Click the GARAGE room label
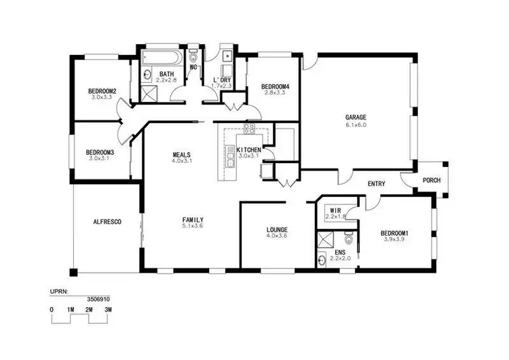[355, 117]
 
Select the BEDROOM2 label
[102, 91]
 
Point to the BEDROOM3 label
[100, 151]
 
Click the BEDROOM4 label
[275, 86]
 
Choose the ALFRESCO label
[107, 221]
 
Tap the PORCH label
[431, 181]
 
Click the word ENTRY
[377, 184]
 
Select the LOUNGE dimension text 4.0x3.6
[276, 236]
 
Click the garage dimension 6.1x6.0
[356, 124]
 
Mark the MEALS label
[182, 155]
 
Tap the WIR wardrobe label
[335, 211]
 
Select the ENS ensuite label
[339, 252]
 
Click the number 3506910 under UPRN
[100, 298]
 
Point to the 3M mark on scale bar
[108, 309]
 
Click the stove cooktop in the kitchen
[248, 128]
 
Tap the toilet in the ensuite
[348, 240]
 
